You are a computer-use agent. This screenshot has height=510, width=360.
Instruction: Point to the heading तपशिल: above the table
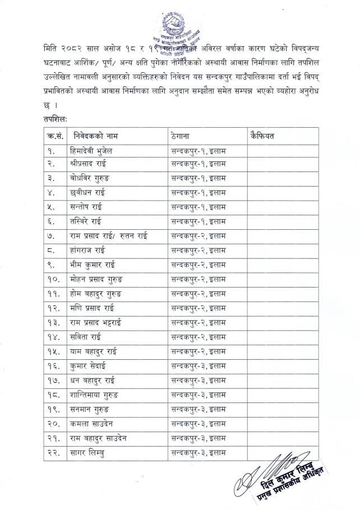coord(55,119)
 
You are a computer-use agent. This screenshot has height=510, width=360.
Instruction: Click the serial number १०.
coord(52,278)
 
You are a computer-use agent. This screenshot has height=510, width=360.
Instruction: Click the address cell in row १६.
coord(199,365)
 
